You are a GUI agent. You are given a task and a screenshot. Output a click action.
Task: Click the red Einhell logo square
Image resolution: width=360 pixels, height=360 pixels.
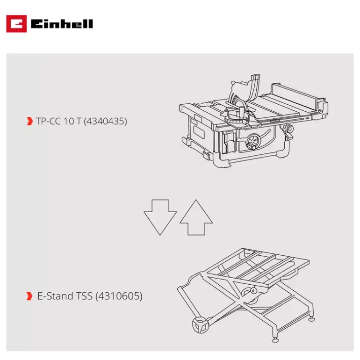[x=16, y=24]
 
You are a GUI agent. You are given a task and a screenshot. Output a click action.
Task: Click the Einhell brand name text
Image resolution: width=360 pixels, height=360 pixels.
[x=62, y=24]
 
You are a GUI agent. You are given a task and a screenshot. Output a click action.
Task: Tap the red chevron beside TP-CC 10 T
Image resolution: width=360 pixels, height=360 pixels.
[x=29, y=121]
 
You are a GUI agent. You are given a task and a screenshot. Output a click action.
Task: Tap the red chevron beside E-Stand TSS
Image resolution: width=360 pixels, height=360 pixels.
[x=29, y=296]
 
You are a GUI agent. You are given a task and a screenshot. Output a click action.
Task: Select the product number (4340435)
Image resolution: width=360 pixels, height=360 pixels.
[x=105, y=121]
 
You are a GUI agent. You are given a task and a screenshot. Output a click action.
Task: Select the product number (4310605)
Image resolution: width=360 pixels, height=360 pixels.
[x=119, y=296]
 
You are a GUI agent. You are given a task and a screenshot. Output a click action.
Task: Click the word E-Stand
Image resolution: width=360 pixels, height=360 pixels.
[x=55, y=296]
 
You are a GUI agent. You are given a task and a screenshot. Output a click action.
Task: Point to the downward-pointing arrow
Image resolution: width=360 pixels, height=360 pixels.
[x=160, y=217]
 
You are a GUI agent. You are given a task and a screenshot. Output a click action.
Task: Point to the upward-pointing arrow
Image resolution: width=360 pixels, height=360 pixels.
[x=196, y=217]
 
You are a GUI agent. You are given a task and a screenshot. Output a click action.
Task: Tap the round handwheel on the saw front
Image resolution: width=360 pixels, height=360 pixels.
[x=254, y=141]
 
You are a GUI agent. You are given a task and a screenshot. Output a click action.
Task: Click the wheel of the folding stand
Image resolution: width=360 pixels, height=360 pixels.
[x=200, y=324]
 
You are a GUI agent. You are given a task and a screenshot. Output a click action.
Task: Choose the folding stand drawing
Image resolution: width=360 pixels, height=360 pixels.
[x=246, y=295]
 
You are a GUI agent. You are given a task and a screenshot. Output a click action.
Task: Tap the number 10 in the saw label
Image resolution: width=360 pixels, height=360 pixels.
[x=69, y=121]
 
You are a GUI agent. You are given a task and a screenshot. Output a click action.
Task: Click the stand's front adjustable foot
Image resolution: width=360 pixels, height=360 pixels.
[x=275, y=339]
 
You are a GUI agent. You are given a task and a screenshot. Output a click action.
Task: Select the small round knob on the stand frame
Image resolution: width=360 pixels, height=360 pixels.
[x=253, y=290]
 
